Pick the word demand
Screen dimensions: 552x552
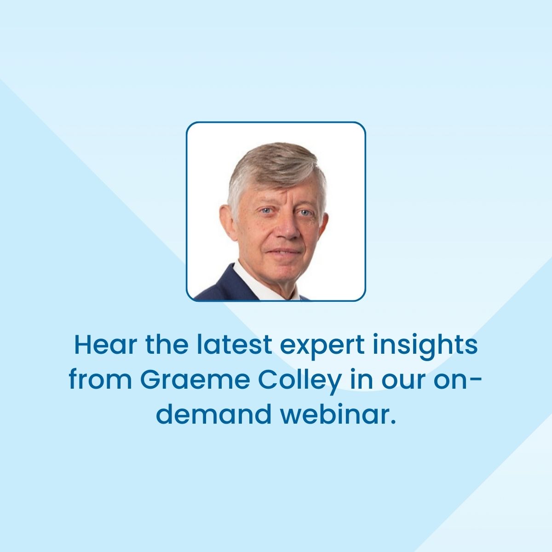coord(213,414)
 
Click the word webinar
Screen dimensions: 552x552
coord(338,414)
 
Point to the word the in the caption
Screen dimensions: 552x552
coord(167,345)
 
